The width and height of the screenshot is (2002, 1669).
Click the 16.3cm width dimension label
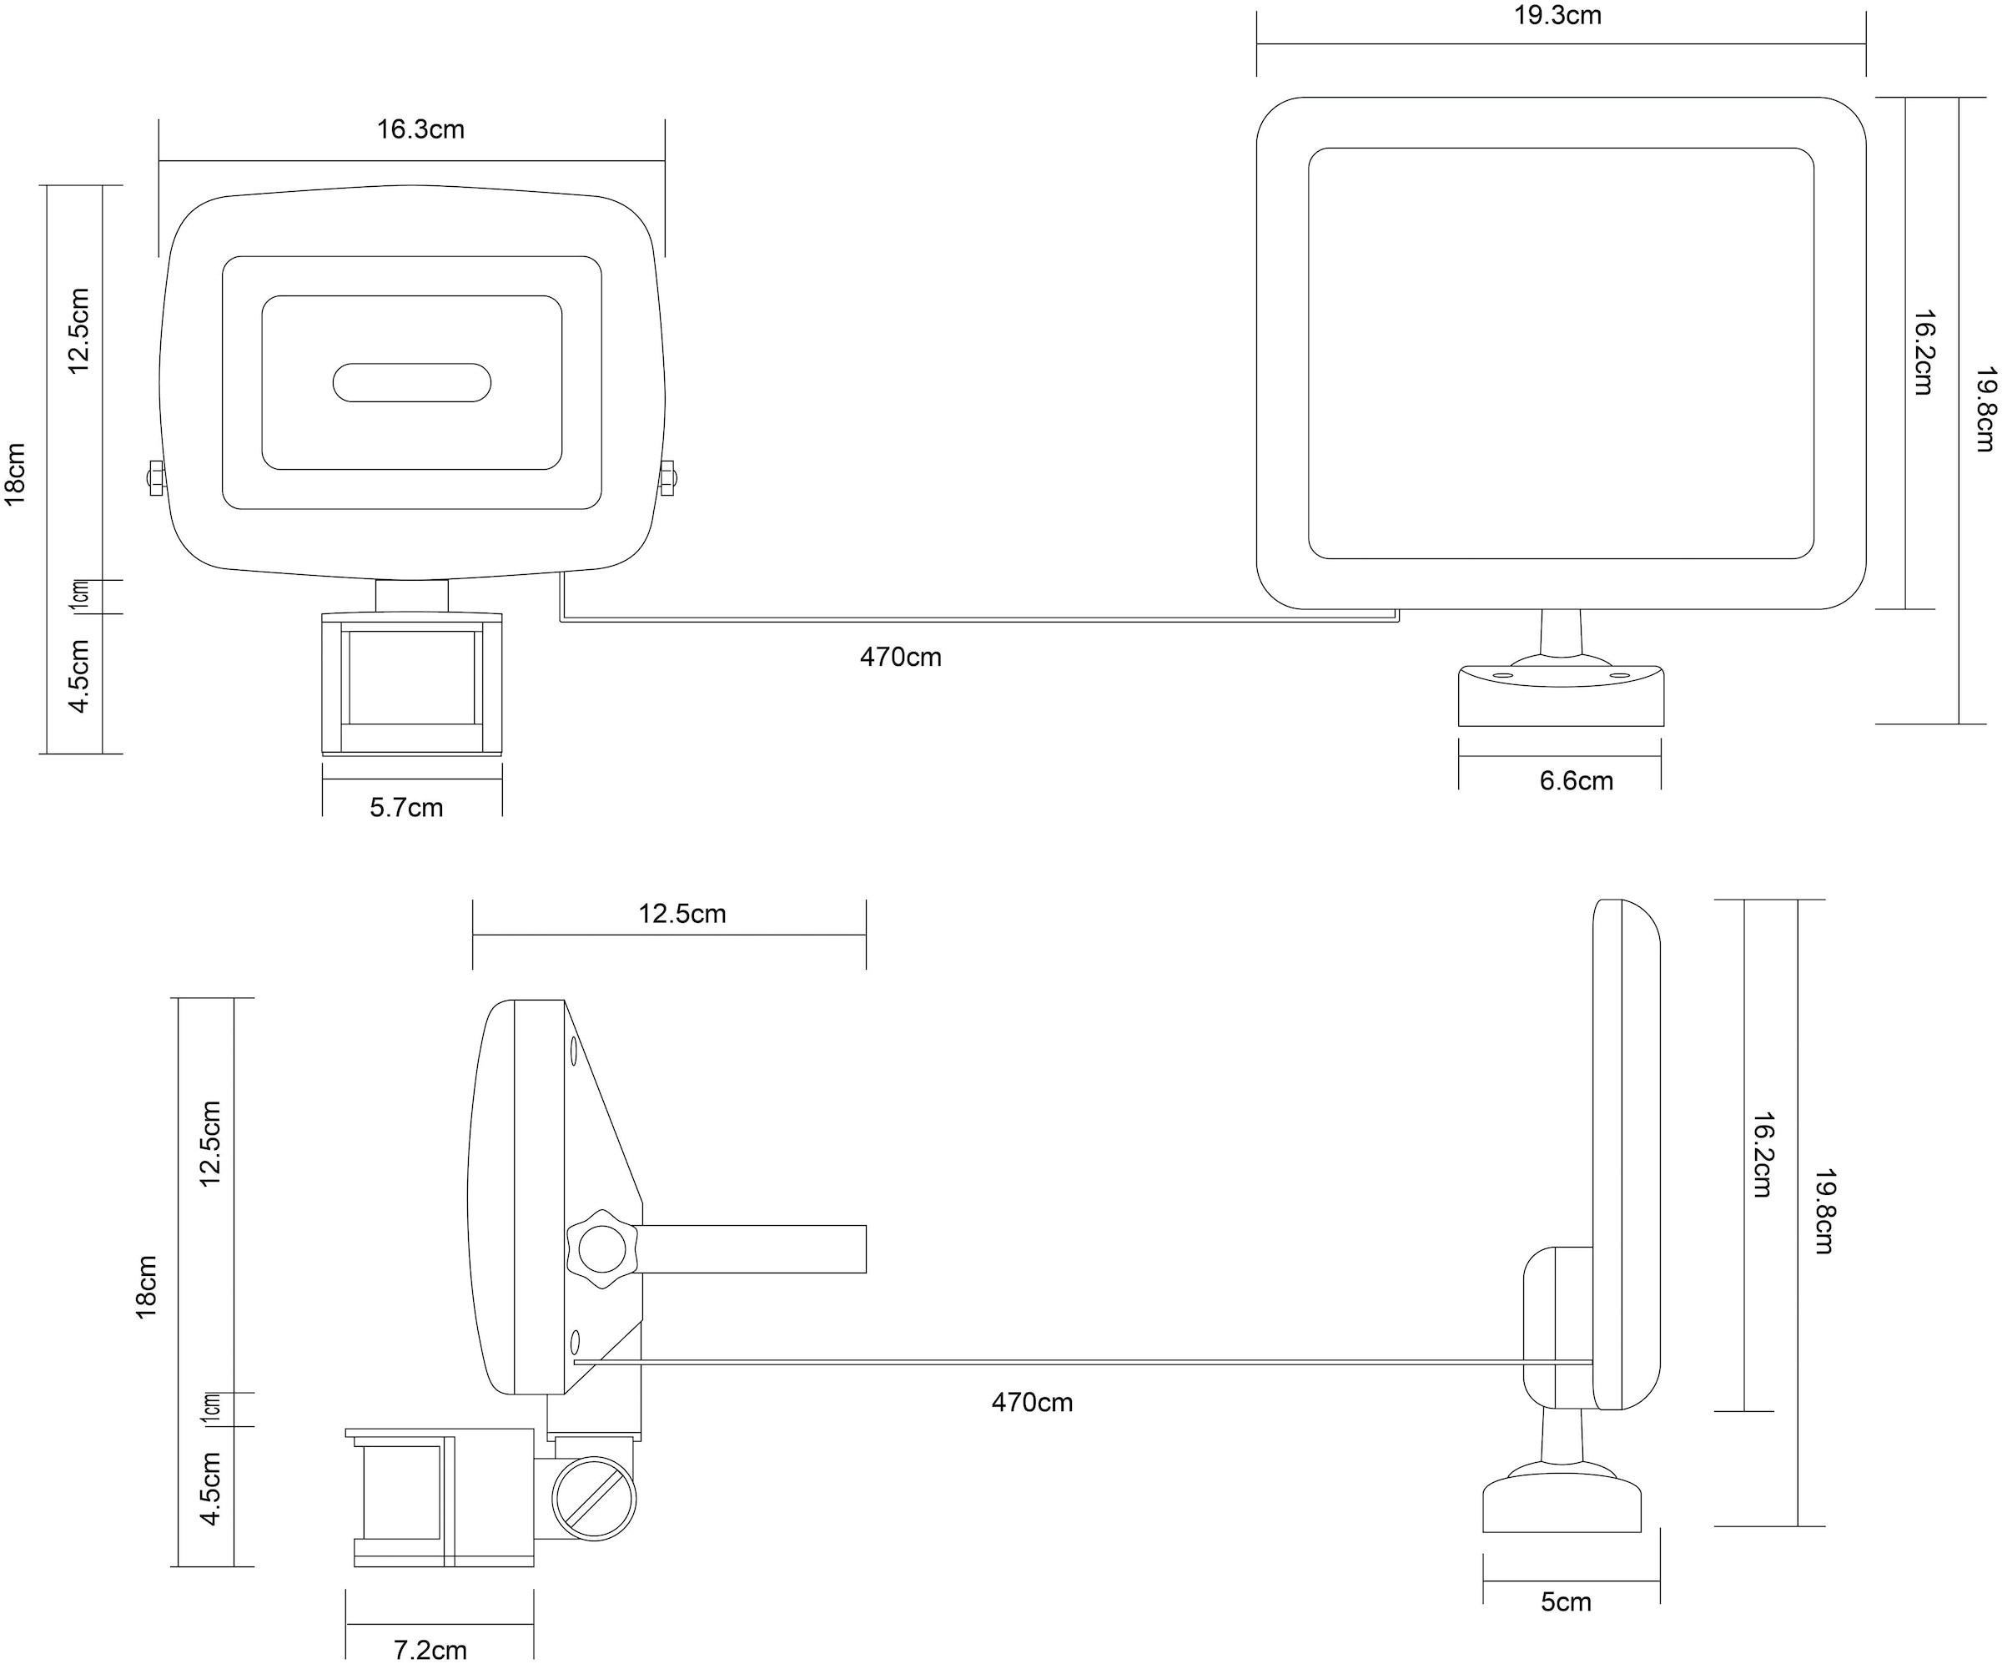420,129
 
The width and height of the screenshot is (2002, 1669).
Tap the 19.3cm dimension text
1557,16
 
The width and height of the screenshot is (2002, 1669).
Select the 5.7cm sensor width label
406,808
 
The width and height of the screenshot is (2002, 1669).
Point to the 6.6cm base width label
1576,781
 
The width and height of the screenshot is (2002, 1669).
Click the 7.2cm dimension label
430,1649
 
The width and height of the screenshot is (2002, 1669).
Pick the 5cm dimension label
1567,1601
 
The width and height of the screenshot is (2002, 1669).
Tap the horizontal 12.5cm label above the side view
682,914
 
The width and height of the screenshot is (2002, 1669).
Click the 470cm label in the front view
900,657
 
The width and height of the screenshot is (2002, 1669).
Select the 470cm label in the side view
1032,1402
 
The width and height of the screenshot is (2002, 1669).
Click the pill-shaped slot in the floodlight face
412,382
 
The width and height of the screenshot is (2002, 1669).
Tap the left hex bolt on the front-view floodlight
156,478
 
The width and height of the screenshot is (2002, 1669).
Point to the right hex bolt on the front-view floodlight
667,478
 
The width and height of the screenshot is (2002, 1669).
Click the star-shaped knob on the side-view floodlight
601,1248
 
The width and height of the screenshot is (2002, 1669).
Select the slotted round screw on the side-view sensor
594,1497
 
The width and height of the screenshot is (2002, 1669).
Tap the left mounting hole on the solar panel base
1502,675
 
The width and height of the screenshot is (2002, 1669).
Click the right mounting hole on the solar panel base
1620,675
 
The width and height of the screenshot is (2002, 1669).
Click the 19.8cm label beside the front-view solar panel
1984,409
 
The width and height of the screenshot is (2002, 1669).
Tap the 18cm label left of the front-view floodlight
16,474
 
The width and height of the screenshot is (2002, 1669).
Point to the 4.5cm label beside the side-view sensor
211,1489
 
